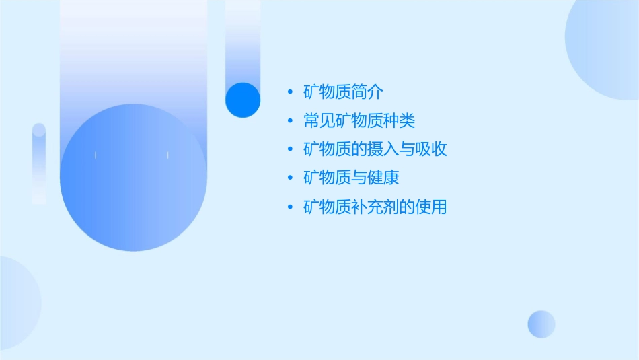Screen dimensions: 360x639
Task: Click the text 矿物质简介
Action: [343, 92]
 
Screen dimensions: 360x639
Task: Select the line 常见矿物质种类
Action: [359, 121]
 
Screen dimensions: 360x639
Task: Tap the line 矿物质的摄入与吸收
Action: [375, 149]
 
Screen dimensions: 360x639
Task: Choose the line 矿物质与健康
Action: [351, 178]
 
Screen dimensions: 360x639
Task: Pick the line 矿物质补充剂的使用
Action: [375, 207]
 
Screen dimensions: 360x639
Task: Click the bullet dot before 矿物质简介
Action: [290, 92]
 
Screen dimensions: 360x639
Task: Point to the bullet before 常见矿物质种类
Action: [290, 121]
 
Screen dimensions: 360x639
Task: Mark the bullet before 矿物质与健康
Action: [290, 178]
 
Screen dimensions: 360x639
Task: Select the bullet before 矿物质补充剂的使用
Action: [290, 207]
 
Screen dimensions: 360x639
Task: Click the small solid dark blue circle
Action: [243, 100]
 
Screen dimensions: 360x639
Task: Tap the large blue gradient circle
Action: [133, 178]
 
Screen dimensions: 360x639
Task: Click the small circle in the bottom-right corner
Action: [541, 324]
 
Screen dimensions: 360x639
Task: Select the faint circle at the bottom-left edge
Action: [17, 303]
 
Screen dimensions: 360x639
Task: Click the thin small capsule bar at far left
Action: [39, 164]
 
